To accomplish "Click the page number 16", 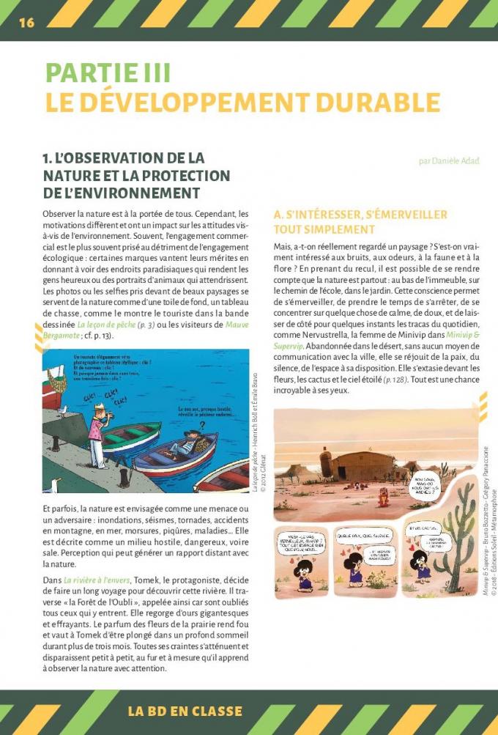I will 26,22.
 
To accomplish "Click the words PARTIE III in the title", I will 108,73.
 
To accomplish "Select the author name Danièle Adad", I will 448,160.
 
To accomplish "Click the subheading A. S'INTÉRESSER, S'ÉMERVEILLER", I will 360,215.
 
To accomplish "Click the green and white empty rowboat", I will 133,435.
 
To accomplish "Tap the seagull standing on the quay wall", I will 63,411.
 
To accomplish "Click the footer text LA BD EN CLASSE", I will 185,711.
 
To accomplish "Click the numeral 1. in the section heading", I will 48,158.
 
